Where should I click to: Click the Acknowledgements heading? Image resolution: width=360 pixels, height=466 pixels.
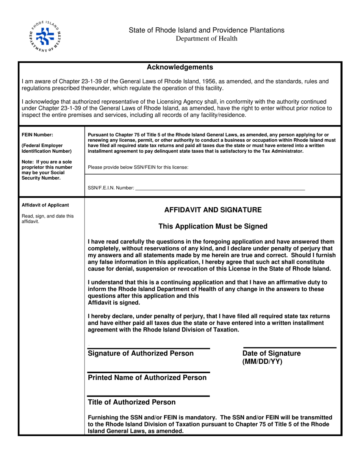[180, 67]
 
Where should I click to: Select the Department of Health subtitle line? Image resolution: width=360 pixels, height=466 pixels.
[206, 38]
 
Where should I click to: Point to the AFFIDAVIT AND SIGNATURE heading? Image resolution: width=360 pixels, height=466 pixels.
[213, 210]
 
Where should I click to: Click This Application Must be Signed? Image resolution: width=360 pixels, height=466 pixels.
[213, 227]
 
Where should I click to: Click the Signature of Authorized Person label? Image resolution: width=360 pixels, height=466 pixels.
[141, 353]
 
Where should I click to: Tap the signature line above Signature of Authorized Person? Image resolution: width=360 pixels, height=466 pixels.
[149, 348]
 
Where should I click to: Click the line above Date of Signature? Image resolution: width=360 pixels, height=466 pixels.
[290, 347]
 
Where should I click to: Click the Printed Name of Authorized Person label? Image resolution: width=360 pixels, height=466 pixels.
[147, 378]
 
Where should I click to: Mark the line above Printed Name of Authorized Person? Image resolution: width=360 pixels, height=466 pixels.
[149, 372]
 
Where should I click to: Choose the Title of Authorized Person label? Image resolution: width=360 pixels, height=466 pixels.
[131, 402]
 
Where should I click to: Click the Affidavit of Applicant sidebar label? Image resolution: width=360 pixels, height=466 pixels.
[45, 205]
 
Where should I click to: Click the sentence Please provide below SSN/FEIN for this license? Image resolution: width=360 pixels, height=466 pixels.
[138, 167]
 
